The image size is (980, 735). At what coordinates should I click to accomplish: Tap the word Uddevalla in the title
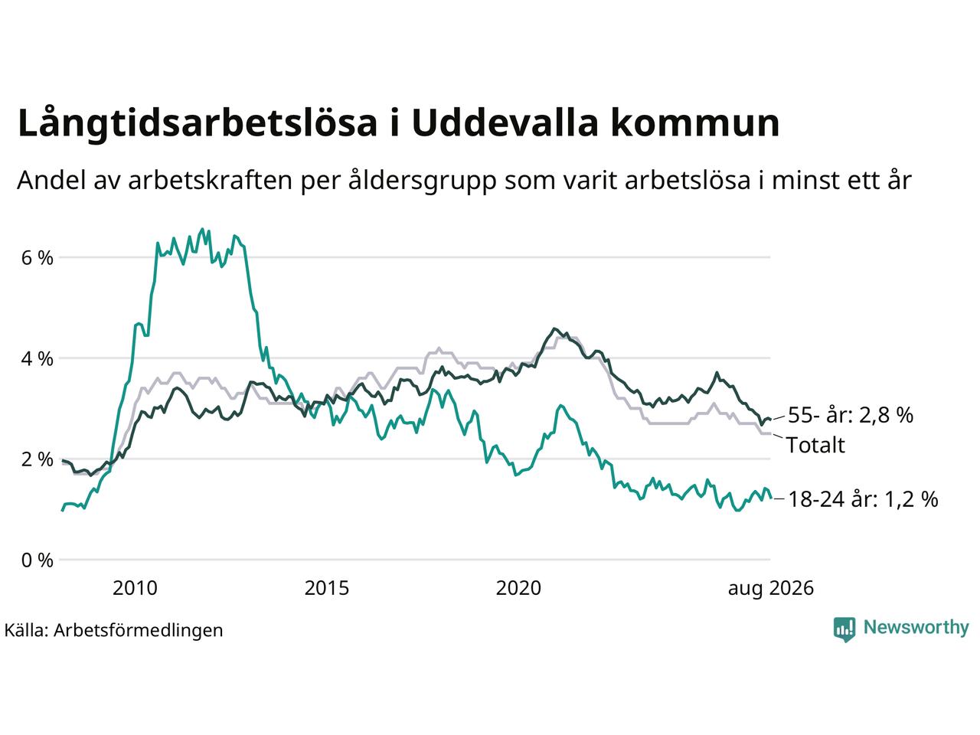(505, 122)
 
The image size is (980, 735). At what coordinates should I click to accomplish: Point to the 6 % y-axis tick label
(37, 258)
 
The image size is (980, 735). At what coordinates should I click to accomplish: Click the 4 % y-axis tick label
(37, 359)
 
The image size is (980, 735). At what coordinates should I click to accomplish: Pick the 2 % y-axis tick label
(37, 459)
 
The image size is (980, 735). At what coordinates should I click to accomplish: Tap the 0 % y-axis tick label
(37, 560)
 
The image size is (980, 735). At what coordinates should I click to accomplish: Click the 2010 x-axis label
(135, 588)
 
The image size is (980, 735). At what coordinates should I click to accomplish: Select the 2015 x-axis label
(327, 588)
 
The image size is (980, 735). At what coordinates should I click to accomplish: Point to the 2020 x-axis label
(518, 588)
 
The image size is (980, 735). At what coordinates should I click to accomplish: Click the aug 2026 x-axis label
(771, 589)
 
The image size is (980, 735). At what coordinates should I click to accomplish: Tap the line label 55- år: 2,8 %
(851, 415)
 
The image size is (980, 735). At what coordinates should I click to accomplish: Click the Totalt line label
(815, 446)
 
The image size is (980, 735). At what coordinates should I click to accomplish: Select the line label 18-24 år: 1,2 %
(863, 499)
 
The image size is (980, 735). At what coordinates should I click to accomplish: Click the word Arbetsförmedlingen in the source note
(139, 631)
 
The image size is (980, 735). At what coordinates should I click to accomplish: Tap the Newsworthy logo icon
(844, 629)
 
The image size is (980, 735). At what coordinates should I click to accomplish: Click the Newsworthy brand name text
(916, 628)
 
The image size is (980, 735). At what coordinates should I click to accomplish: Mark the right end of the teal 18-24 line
(771, 498)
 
